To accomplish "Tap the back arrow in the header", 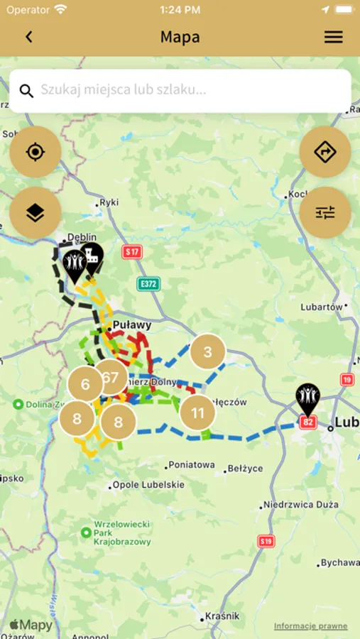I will pyautogui.click(x=29, y=37).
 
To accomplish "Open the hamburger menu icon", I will pyautogui.click(x=333, y=37).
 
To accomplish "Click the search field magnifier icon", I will pyautogui.click(x=26, y=91).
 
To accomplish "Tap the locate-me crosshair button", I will pyautogui.click(x=36, y=152).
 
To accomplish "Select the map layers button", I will pyautogui.click(x=36, y=212).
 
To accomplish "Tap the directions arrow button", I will pyautogui.click(x=324, y=152).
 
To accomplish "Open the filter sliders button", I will pyautogui.click(x=324, y=212).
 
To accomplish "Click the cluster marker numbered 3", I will pyautogui.click(x=207, y=352).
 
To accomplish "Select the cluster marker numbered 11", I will pyautogui.click(x=197, y=413).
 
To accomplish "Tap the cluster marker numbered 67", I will pyautogui.click(x=110, y=378).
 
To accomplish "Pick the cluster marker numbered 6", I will pyautogui.click(x=85, y=384).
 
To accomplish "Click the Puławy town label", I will pyautogui.click(x=132, y=325).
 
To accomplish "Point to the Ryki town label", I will pyautogui.click(x=109, y=202).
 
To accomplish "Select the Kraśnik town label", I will pyautogui.click(x=222, y=616).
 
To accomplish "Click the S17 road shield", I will pyautogui.click(x=132, y=251).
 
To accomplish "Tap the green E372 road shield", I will pyautogui.click(x=148, y=284).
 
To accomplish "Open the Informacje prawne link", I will pyautogui.click(x=311, y=626).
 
